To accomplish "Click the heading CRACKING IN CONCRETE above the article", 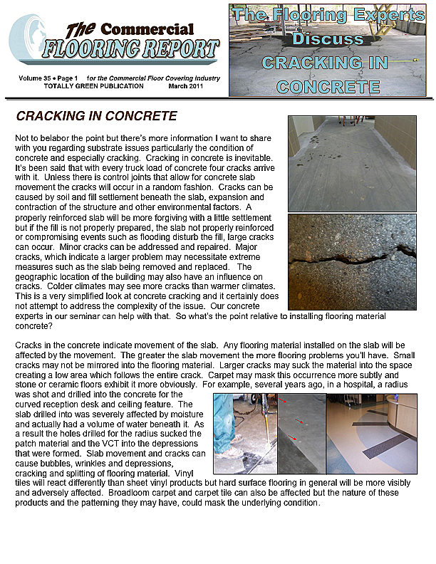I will tap(96, 116).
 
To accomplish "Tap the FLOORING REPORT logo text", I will tap(130, 49).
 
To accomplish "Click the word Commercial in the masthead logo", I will tap(146, 29).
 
